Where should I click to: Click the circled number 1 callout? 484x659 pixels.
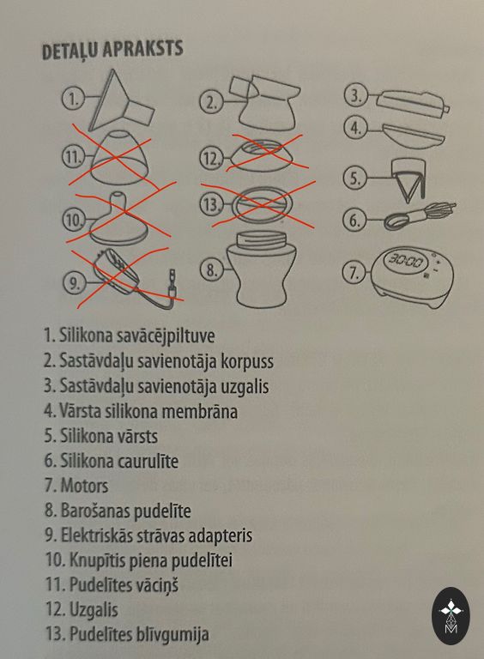tap(73, 100)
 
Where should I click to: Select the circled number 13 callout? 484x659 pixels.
tap(211, 205)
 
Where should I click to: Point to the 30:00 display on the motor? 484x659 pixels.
tap(405, 262)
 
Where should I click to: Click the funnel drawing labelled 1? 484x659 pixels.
tap(121, 102)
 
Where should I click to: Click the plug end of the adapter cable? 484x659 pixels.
tap(172, 279)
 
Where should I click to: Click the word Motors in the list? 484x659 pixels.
tap(84, 486)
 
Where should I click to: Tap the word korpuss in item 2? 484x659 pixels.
tap(247, 361)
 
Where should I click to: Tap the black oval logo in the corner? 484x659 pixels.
tap(451, 616)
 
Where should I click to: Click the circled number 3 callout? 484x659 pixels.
tap(355, 96)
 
